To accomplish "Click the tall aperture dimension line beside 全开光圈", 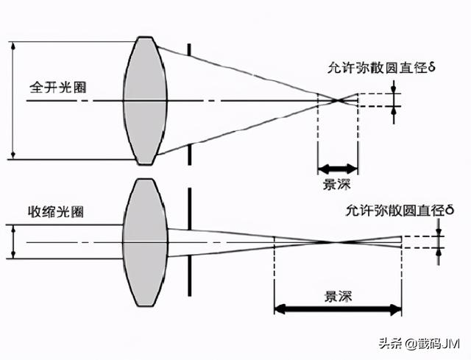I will pyautogui.click(x=13, y=99).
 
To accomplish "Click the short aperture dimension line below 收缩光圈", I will pyautogui.click(x=13, y=241).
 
